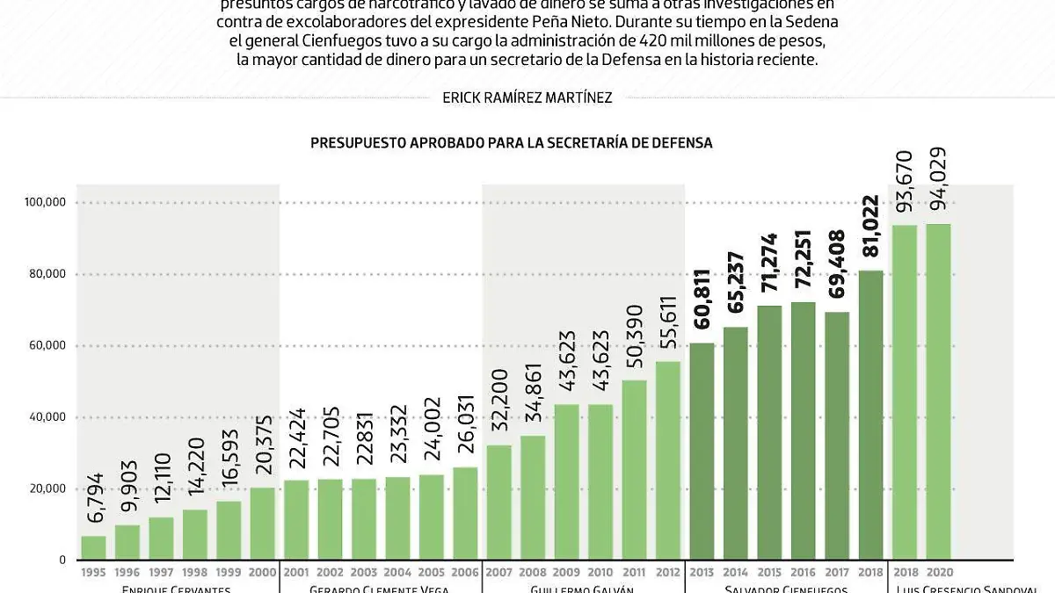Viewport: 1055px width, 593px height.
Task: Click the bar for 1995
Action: point(93,547)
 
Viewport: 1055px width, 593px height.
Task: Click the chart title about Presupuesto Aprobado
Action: point(511,142)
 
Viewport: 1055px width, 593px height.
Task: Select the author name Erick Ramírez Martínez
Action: point(527,98)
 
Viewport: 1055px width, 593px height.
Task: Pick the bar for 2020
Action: point(938,391)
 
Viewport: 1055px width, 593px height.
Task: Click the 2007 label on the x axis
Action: point(498,573)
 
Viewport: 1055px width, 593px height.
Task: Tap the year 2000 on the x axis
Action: point(262,573)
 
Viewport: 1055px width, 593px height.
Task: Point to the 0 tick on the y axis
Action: point(61,560)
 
